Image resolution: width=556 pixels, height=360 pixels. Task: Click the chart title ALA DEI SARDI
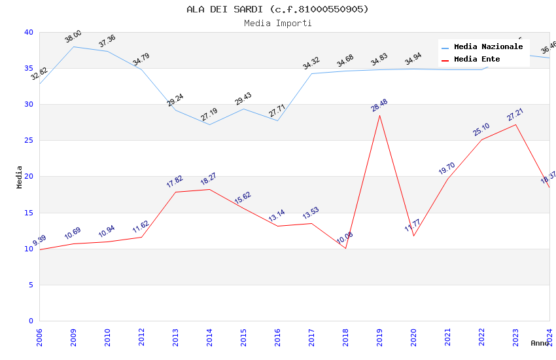click(x=277, y=9)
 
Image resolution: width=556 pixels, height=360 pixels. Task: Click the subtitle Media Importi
click(x=277, y=23)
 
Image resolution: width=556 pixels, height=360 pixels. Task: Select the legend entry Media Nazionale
click(x=488, y=47)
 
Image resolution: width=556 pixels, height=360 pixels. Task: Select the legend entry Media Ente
click(x=477, y=60)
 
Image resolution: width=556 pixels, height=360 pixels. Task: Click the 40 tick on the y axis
click(x=28, y=32)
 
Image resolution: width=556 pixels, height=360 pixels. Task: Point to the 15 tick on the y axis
click(x=28, y=213)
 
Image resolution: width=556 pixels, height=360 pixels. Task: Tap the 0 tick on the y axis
click(x=31, y=321)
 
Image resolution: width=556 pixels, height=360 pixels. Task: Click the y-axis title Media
click(x=20, y=177)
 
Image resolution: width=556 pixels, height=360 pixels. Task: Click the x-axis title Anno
click(x=540, y=343)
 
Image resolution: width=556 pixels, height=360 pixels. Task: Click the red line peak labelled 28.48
click(x=379, y=115)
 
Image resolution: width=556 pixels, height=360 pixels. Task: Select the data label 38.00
click(x=73, y=37)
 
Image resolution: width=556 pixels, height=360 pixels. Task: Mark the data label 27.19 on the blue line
click(x=209, y=115)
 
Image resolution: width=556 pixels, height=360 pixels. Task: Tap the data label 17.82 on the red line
click(x=175, y=182)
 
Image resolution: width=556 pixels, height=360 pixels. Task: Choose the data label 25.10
click(x=481, y=130)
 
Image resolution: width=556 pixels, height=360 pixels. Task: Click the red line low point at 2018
click(x=345, y=248)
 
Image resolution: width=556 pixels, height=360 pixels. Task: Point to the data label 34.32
click(x=311, y=63)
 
